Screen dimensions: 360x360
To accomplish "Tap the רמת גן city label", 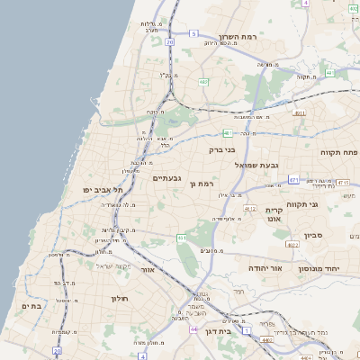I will pos(206,184).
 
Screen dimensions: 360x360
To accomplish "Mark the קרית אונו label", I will pos(275,214).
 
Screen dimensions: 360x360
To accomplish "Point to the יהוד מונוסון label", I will pos(333,269).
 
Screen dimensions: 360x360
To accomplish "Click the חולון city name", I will pos(121,297).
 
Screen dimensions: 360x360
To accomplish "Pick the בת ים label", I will pos(31,306).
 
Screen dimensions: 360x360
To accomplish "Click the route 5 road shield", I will pos(193,34).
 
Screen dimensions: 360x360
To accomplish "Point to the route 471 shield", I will pos(293,180).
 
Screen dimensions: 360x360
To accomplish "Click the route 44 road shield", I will pos(193,329).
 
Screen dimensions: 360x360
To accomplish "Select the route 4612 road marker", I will pos(250,208).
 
